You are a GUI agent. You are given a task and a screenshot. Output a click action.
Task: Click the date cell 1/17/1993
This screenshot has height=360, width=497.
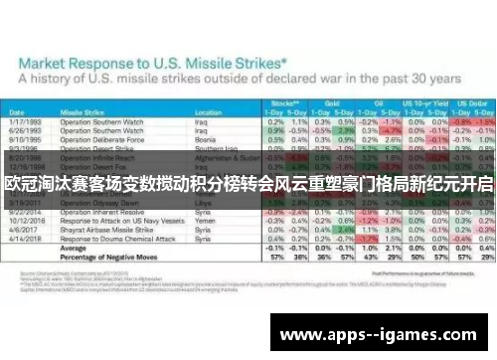click(x=25, y=121)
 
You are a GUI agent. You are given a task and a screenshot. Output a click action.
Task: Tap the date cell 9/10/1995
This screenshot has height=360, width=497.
click(x=25, y=138)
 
